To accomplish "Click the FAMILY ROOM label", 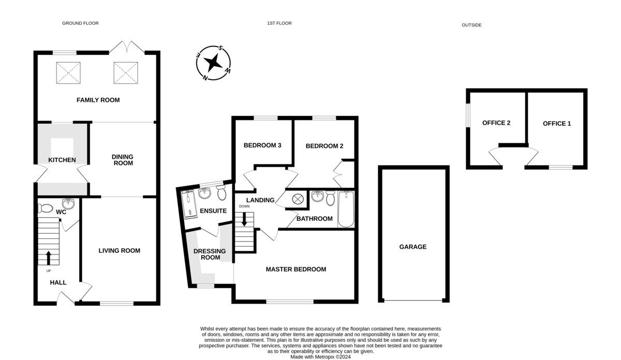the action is point(98,100).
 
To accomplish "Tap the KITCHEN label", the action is point(62,160).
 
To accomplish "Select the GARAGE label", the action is point(413,247).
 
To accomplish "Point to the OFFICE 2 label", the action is point(496,123).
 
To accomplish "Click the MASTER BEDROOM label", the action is point(296,269).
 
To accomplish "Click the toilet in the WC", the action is point(45,208).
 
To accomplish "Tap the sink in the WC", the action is point(68,204).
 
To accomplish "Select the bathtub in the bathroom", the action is point(346,209).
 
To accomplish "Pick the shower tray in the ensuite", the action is point(188,204).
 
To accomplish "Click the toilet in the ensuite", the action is point(221,192).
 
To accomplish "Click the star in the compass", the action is point(213,63).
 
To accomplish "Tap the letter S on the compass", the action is point(220,48).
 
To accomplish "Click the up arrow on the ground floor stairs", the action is point(49,258).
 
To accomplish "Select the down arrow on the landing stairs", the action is point(244,219).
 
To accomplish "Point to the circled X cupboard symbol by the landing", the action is point(298,199).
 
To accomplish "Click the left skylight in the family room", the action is point(68,72).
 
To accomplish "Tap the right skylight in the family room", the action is point(126,72).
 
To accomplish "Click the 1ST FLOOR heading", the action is point(279,23).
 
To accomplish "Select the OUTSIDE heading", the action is point(471,25).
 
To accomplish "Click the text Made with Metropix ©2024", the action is point(320,357).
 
